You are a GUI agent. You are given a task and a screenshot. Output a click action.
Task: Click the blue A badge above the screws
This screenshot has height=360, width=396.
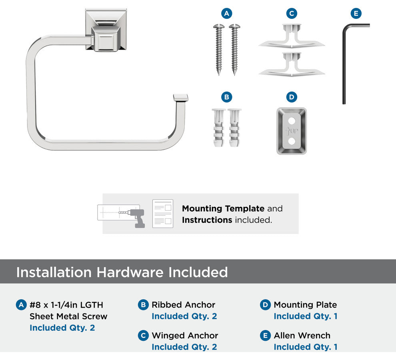click(226, 13)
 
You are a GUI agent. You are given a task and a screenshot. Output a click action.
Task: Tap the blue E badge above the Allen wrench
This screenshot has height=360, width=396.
click(356, 13)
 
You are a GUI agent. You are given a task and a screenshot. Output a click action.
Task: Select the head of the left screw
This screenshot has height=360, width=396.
click(219, 26)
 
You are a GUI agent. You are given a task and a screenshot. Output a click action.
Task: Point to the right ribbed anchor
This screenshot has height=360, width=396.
click(234, 128)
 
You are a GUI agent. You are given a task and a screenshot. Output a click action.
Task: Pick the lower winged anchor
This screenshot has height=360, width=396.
click(292, 64)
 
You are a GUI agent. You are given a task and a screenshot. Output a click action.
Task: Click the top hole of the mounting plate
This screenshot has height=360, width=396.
click(292, 121)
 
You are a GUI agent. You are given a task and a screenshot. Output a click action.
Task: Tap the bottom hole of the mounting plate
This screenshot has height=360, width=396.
click(292, 141)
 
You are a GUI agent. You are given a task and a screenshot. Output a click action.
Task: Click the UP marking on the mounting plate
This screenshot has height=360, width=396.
click(292, 131)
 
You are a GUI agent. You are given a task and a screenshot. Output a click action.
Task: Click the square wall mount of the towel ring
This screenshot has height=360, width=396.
click(106, 30)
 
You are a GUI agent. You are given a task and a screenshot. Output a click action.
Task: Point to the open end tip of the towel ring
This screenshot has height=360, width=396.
click(180, 98)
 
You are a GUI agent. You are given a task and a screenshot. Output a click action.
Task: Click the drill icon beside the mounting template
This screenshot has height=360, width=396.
click(135, 217)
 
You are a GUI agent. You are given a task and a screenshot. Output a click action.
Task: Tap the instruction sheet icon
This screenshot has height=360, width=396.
click(163, 214)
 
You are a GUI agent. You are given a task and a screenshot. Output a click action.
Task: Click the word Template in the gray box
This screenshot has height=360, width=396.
click(244, 209)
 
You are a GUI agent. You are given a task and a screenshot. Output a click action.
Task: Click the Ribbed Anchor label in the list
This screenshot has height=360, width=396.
click(183, 305)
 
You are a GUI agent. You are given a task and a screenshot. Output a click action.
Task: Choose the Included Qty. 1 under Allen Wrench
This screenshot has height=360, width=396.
click(306, 347)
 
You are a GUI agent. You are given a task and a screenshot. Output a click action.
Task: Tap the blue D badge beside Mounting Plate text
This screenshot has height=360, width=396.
click(265, 305)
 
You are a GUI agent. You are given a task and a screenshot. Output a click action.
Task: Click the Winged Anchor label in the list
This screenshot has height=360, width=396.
click(185, 336)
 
